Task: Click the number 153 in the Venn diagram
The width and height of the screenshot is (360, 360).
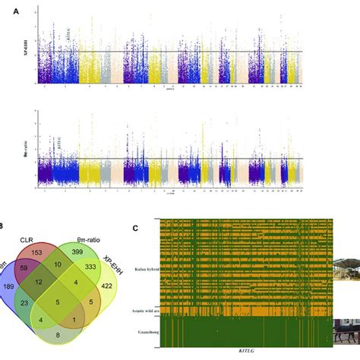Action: (x=36, y=251)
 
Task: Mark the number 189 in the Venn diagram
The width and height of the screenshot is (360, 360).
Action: (x=9, y=286)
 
